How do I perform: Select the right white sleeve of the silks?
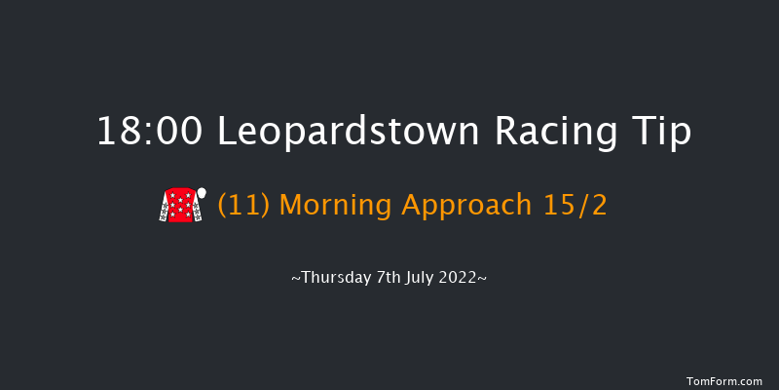pyautogui.click(x=195, y=211)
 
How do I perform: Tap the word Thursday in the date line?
pyautogui.click(x=335, y=278)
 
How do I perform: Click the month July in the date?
pyautogui.click(x=422, y=278)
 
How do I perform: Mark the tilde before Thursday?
pyautogui.click(x=296, y=279)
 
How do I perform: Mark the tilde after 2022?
pyautogui.click(x=482, y=279)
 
